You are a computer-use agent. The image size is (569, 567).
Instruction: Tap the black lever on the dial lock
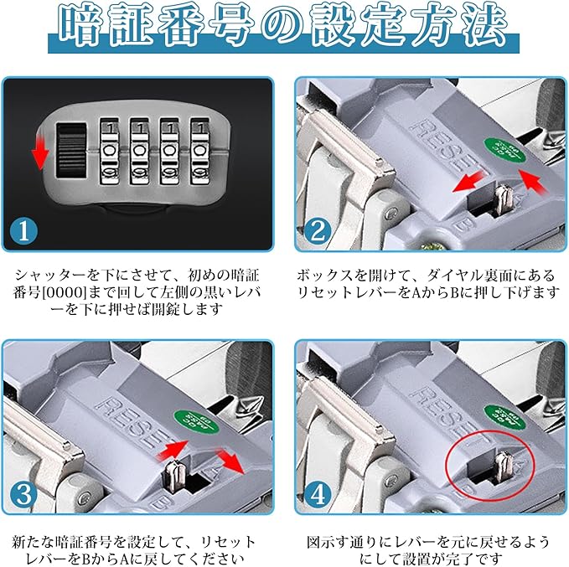72,148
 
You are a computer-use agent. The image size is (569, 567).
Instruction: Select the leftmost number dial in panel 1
110,149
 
